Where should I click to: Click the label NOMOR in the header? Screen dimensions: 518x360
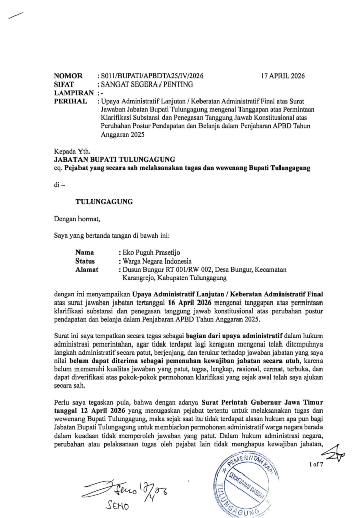coord(68,76)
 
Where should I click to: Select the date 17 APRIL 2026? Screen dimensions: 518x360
coord(283,76)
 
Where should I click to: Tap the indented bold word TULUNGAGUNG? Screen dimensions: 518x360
coord(104,201)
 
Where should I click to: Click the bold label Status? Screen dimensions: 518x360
coord(86,261)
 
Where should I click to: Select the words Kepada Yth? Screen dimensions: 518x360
coord(72,150)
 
